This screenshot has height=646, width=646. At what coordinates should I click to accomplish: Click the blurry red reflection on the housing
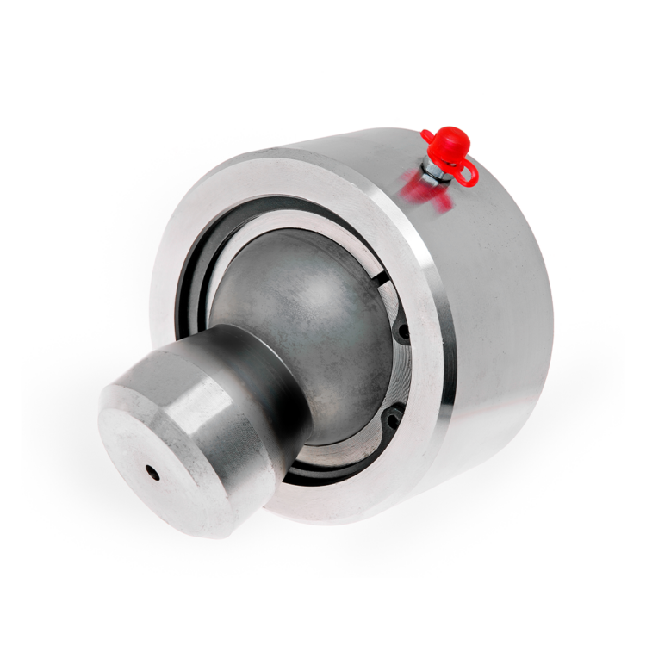[x=431, y=195]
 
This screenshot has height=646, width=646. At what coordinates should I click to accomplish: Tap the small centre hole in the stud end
[x=152, y=472]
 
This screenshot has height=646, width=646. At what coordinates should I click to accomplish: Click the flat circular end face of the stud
[x=164, y=461]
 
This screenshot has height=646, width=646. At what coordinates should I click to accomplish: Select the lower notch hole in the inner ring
[x=392, y=421]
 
